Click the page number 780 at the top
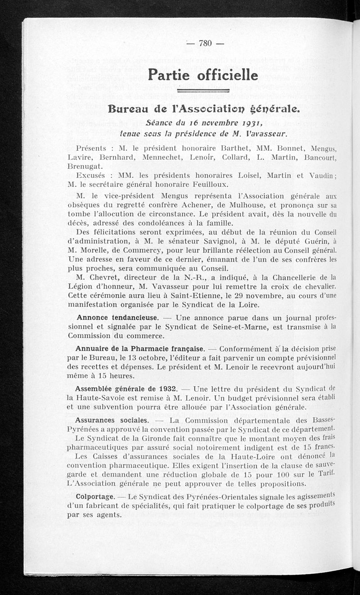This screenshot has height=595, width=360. [205, 43]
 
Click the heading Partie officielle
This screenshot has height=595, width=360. [203, 74]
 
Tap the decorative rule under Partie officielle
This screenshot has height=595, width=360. [203, 90]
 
